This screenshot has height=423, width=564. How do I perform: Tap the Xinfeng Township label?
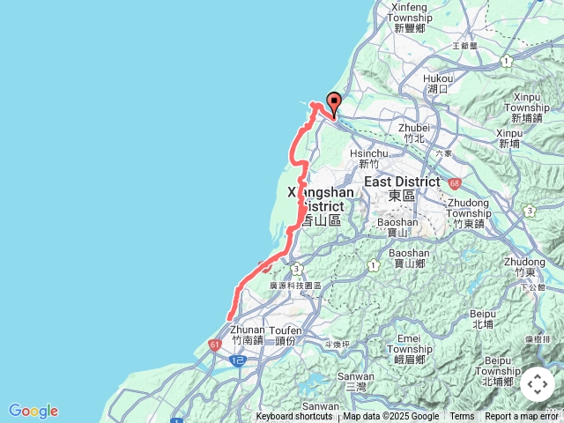[x=412, y=18]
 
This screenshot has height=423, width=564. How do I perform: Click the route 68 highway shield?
[x=454, y=183]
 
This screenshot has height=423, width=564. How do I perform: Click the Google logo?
[x=33, y=411]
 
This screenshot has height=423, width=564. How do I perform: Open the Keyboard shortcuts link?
[x=294, y=417]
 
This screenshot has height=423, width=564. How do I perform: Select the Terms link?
[x=462, y=417]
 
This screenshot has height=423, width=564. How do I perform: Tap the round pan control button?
[x=538, y=385]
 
